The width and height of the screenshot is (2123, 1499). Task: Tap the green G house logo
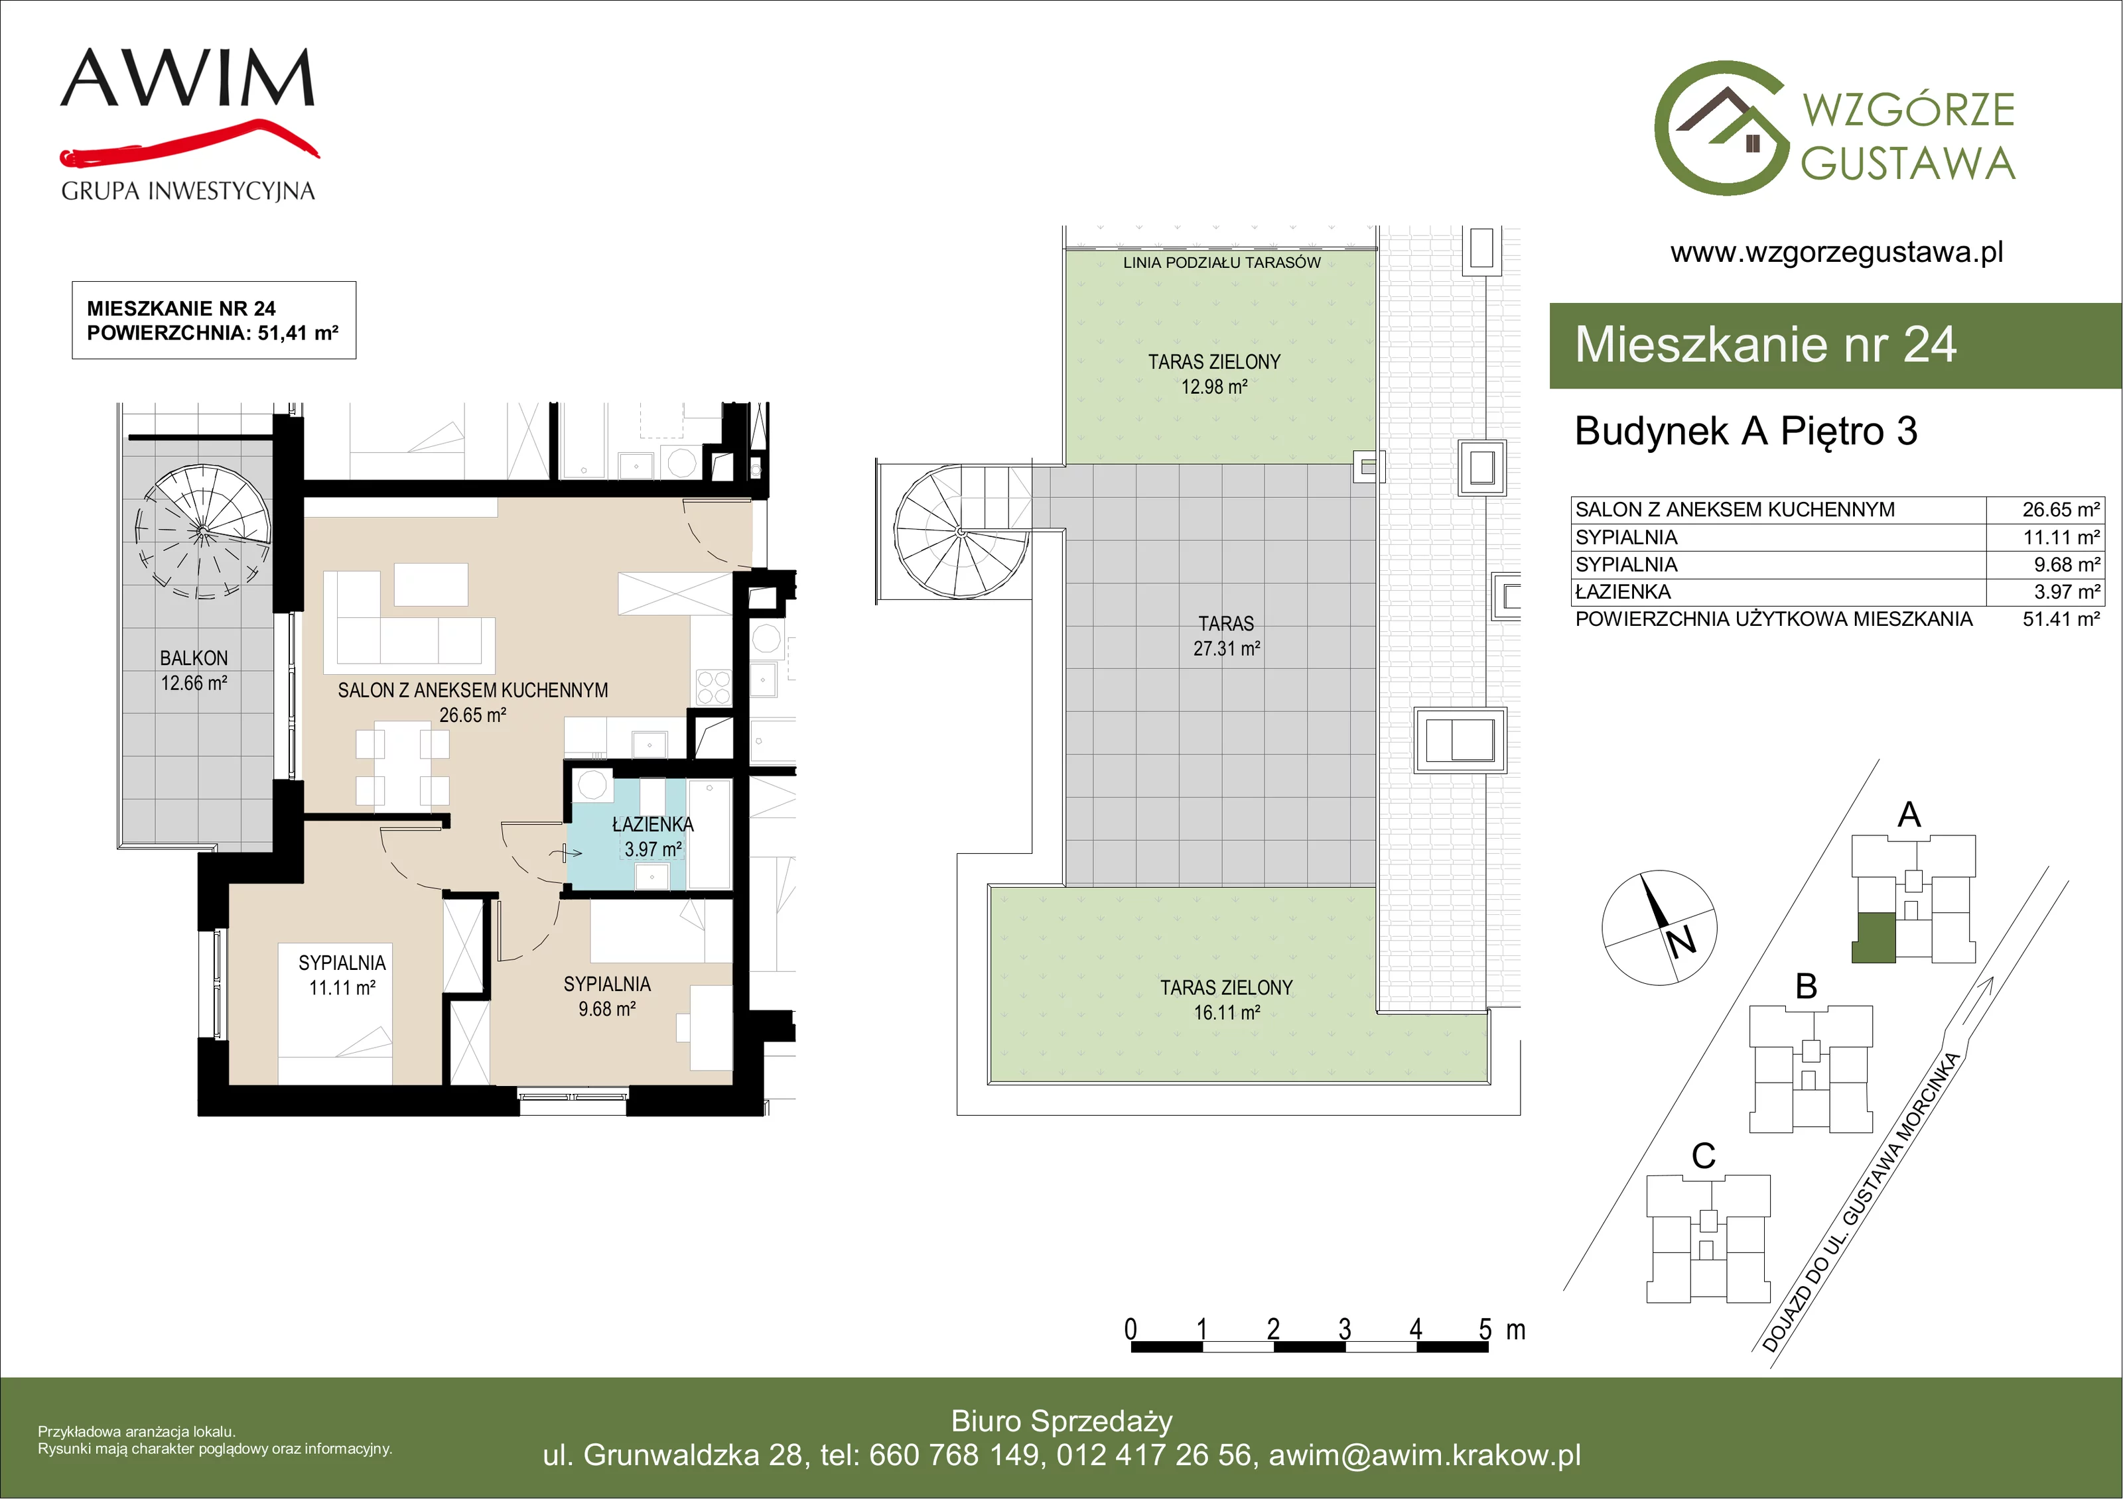click(1721, 129)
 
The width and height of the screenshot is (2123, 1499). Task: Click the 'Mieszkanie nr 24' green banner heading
click(1765, 345)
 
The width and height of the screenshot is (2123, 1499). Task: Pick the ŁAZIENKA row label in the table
click(1623, 591)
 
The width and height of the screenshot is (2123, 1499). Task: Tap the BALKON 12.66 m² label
click(194, 671)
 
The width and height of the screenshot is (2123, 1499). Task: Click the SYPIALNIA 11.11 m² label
click(342, 975)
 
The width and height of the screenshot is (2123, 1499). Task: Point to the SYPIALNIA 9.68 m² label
click(608, 996)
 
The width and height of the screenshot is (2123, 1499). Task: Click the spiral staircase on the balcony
click(202, 532)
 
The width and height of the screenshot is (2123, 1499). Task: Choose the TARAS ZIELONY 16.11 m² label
click(1226, 1000)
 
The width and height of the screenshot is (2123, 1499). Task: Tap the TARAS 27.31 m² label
click(1226, 636)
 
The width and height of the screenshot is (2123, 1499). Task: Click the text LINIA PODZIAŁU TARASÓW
click(1221, 263)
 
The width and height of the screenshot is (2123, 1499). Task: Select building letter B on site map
click(1806, 986)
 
